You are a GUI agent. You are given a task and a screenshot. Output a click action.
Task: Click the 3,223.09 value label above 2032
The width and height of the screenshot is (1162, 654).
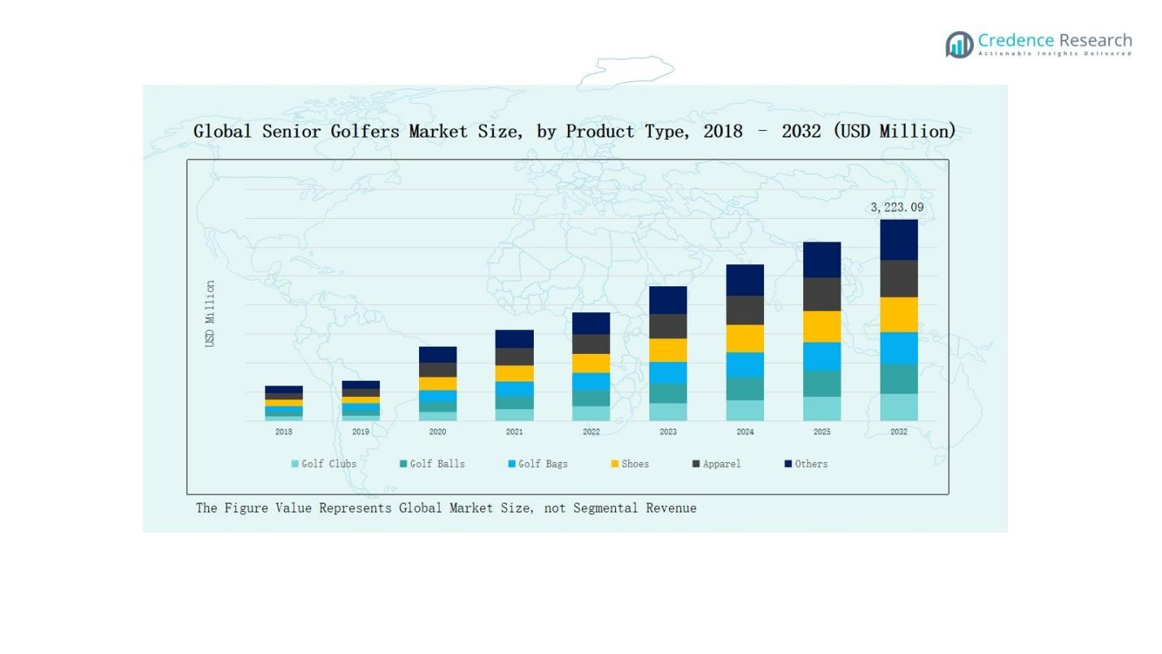tap(897, 207)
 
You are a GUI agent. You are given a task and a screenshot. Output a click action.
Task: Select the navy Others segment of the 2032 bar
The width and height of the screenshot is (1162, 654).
tap(898, 239)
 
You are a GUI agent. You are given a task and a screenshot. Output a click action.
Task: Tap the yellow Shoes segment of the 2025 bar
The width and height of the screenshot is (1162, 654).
tap(822, 326)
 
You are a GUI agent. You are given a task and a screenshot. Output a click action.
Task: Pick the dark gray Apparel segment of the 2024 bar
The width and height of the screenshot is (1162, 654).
tap(745, 310)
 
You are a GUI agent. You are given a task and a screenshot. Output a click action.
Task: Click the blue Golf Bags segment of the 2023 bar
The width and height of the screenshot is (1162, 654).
tap(668, 373)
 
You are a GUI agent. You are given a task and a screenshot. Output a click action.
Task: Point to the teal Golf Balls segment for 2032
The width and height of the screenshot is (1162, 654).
tap(898, 379)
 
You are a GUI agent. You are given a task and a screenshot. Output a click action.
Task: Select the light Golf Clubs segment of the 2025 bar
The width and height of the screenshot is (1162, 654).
tap(822, 408)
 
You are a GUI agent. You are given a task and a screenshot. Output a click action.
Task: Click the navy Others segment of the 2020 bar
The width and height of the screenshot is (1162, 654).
tap(438, 355)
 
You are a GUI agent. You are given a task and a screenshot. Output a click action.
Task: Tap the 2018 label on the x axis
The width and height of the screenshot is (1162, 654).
tap(283, 432)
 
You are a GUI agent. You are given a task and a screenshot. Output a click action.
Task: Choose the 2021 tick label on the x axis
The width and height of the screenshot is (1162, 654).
tap(514, 432)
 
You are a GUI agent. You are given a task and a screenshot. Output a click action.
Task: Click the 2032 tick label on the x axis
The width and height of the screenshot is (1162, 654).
tap(898, 432)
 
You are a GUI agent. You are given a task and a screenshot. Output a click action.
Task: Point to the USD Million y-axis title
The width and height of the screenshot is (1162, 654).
tap(210, 314)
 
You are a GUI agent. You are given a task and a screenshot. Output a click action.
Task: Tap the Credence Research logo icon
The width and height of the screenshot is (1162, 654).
tap(959, 45)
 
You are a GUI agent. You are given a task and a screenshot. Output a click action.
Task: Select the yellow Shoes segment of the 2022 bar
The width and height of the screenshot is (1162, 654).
tap(591, 363)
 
